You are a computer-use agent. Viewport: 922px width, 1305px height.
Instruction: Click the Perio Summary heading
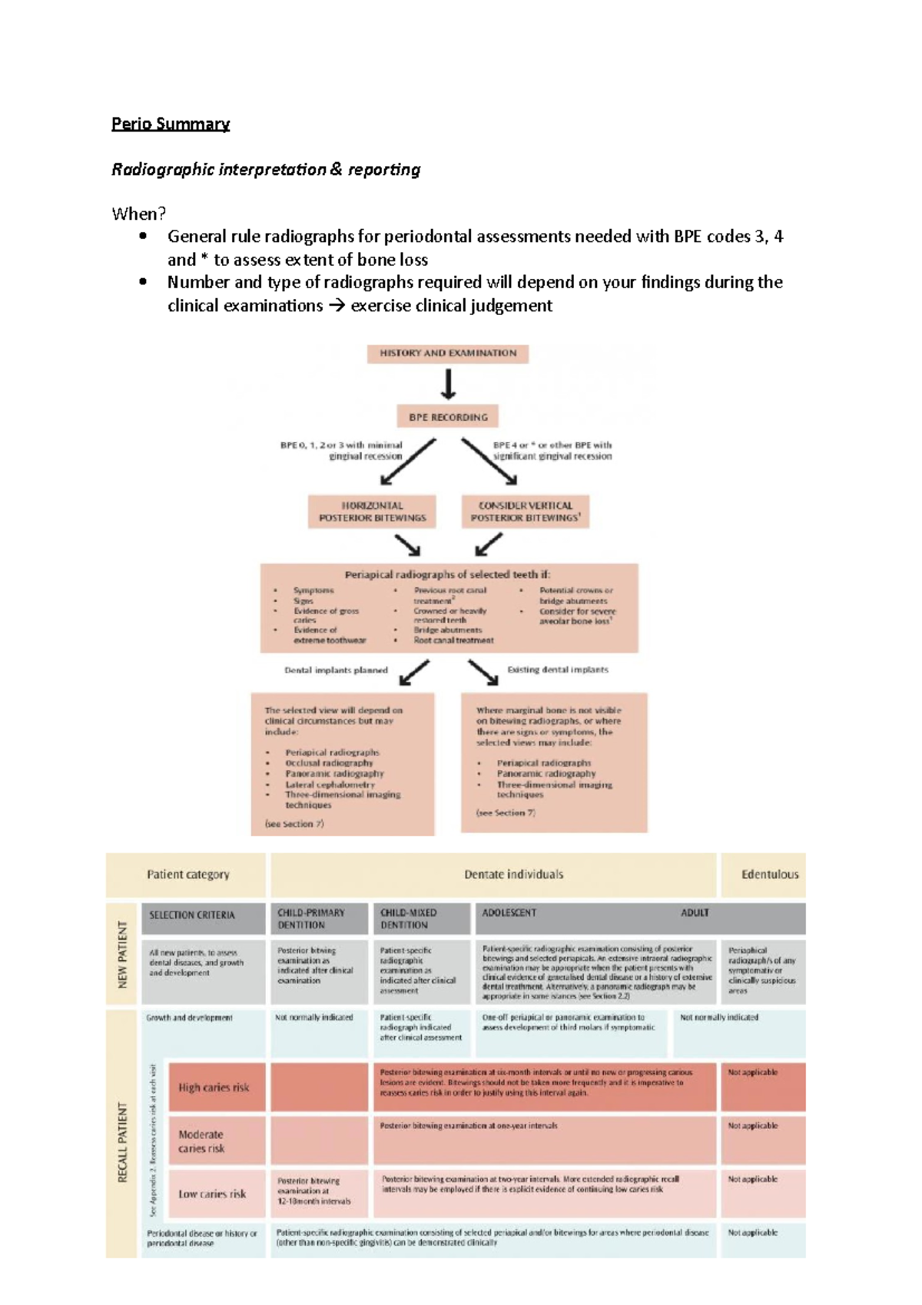170,124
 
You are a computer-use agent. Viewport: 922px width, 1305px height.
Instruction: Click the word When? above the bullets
138,214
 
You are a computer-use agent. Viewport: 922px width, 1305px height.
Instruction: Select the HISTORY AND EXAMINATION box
448,354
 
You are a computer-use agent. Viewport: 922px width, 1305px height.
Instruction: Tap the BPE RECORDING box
448,417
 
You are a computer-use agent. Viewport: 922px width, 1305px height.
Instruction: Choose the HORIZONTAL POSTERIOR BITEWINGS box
372,512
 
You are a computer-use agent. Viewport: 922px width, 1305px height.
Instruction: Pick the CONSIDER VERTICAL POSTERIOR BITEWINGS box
526,512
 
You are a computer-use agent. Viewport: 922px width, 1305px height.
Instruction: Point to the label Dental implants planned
336,670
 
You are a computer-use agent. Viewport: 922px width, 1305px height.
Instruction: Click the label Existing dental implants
557,670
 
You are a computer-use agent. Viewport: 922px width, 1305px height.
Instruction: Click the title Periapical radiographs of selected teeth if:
447,574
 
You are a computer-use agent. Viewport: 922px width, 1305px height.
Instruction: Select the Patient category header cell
187,875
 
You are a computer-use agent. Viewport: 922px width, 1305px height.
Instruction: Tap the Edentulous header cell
769,875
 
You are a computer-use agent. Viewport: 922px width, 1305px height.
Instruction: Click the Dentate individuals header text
513,875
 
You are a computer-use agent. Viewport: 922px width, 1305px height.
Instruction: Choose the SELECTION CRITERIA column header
192,915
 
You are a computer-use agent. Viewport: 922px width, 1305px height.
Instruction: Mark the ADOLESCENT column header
509,913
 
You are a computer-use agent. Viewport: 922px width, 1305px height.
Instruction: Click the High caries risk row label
214,1087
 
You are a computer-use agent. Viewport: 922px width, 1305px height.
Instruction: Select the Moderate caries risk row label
201,1141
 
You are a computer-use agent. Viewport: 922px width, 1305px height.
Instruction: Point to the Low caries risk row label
212,1194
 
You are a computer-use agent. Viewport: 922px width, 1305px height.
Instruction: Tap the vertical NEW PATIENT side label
122,954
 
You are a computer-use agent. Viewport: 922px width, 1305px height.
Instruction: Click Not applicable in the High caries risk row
753,1073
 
